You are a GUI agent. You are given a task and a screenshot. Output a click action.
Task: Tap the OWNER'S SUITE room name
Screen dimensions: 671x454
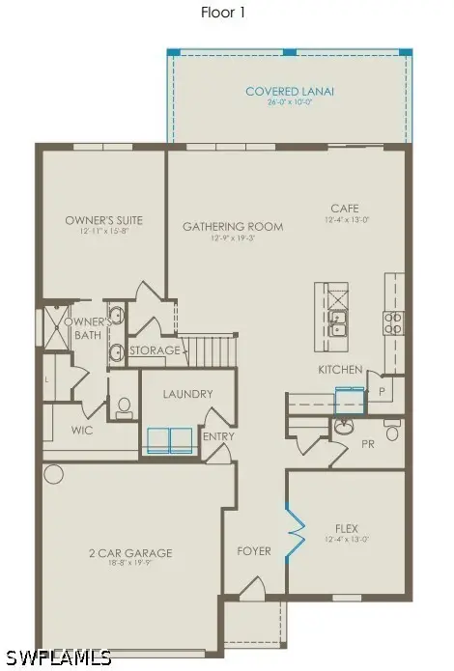click(103, 220)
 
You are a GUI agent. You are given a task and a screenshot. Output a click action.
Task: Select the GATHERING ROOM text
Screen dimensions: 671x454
click(233, 227)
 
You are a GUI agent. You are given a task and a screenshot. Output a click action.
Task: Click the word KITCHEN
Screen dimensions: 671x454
click(340, 370)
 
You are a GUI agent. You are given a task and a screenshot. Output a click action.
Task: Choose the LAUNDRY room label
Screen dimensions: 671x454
click(187, 394)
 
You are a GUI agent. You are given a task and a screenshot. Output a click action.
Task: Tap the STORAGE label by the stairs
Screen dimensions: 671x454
click(155, 350)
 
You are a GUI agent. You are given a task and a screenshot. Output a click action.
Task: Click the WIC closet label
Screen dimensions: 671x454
click(81, 431)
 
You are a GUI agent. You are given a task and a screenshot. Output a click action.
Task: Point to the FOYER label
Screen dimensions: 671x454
click(254, 551)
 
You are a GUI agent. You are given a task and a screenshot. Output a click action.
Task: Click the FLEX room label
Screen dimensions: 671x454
click(346, 528)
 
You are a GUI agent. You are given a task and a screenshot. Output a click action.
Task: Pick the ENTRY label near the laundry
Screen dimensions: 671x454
click(217, 436)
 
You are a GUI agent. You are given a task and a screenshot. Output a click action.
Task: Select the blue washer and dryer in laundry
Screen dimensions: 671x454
click(169, 440)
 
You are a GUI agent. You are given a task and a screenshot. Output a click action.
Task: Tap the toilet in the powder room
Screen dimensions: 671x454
click(392, 432)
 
